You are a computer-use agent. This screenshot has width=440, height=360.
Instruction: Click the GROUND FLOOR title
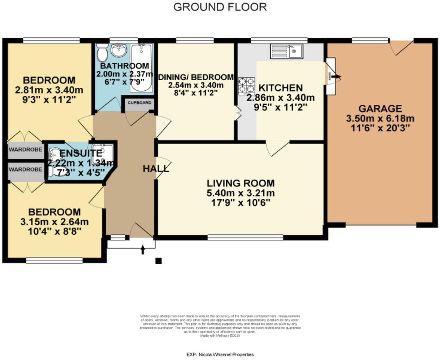pyautogui.click(x=220, y=7)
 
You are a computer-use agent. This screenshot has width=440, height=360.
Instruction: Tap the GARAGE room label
pyautogui.click(x=380, y=108)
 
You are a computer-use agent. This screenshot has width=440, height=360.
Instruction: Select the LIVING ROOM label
pyautogui.click(x=240, y=183)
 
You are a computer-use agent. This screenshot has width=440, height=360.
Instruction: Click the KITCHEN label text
pyautogui.click(x=280, y=88)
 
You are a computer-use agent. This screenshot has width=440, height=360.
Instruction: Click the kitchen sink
pyautogui.click(x=287, y=51)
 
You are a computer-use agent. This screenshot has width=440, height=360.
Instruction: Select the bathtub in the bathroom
pyautogui.click(x=141, y=67)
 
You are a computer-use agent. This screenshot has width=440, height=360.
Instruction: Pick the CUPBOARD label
pyautogui.click(x=139, y=103)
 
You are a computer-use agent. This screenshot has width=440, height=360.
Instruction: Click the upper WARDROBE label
pyautogui.click(x=26, y=150)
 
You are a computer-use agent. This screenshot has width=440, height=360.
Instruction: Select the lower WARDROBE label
pyautogui.click(x=26, y=169)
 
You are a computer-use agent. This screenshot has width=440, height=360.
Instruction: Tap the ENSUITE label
pyautogui.click(x=81, y=153)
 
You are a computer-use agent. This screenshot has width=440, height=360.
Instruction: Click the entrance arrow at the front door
pyautogui.click(x=142, y=250)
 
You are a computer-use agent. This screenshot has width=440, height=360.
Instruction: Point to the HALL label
pyautogui.click(x=156, y=169)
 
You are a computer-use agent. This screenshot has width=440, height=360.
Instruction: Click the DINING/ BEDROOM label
pyautogui.click(x=196, y=77)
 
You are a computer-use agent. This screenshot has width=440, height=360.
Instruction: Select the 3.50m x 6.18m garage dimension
pyautogui.click(x=380, y=118)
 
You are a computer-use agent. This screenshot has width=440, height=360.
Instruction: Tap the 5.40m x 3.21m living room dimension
pyautogui.click(x=240, y=193)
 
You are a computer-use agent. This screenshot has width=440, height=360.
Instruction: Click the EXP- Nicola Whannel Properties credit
pyautogui.click(x=220, y=354)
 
